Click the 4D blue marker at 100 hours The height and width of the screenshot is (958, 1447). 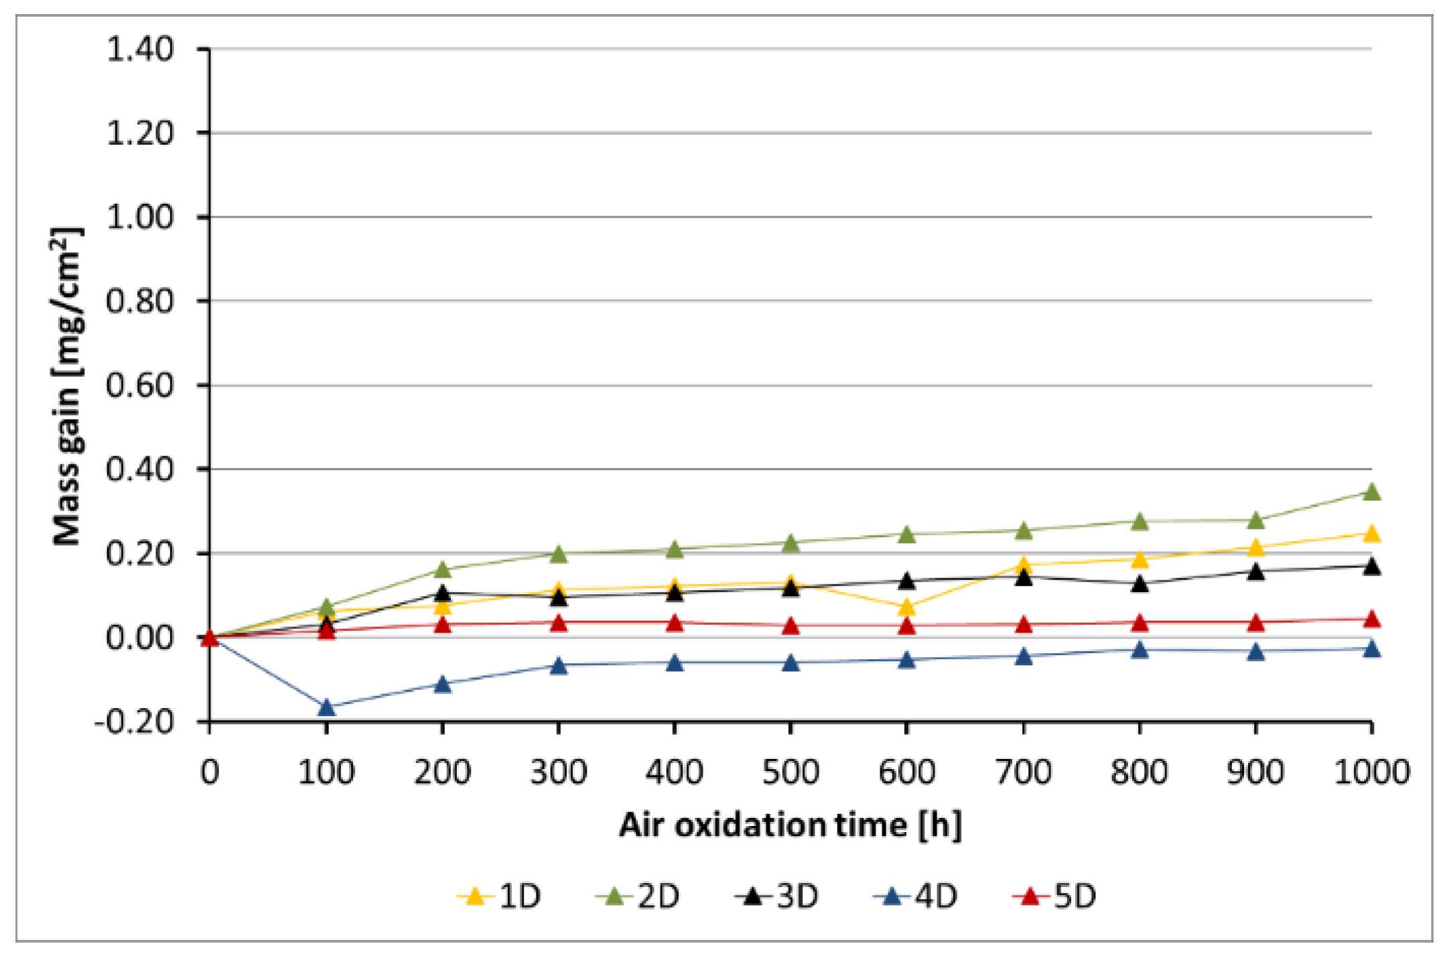326,707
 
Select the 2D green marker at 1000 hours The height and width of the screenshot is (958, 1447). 1371,492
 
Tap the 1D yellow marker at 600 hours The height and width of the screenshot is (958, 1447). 906,608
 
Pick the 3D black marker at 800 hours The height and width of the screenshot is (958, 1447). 1140,584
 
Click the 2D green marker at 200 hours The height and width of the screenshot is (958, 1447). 442,570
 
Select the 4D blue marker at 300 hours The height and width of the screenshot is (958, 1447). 559,666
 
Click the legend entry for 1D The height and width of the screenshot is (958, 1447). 500,896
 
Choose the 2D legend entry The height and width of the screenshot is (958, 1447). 638,896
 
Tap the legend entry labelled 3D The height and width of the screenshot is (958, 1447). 777,896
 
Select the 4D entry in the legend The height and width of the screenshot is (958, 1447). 916,896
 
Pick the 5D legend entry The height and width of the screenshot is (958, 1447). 1054,896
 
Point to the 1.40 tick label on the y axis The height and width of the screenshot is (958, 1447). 140,50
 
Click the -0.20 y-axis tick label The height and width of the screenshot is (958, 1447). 134,722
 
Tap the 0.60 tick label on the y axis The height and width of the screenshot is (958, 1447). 140,386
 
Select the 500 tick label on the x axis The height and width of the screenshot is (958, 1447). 790,772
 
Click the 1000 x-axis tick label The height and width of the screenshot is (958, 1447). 1371,772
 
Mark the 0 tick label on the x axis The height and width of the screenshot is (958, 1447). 210,772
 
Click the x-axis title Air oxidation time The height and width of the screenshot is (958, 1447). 790,825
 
